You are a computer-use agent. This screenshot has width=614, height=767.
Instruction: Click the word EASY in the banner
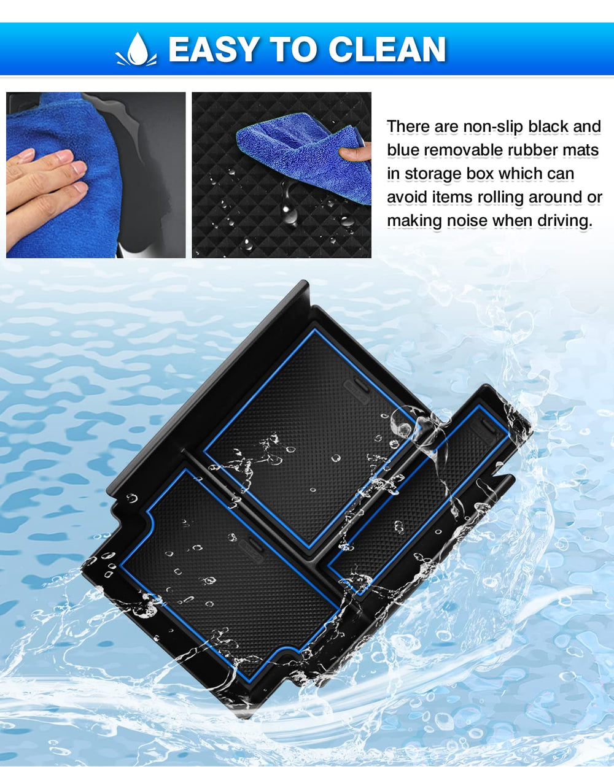[214, 49]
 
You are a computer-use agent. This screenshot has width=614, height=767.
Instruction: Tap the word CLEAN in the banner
[387, 49]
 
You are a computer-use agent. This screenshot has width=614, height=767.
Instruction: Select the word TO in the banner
[293, 49]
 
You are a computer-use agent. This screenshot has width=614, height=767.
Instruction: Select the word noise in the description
[468, 221]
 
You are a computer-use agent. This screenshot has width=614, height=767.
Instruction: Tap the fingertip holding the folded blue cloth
[354, 152]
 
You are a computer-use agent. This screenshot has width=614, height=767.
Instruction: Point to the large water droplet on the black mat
[289, 213]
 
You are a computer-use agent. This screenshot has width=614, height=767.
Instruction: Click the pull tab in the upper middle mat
[357, 391]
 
